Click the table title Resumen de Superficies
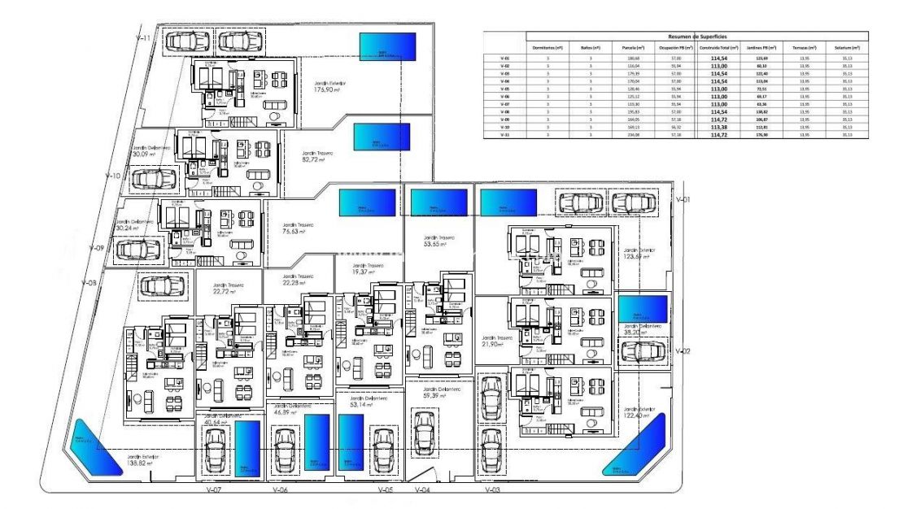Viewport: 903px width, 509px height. [x=692, y=37]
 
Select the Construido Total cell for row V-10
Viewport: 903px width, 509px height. [x=718, y=126]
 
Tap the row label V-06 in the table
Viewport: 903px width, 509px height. [x=504, y=96]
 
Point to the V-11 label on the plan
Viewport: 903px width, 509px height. [x=143, y=38]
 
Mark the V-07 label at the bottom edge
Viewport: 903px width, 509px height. [x=215, y=490]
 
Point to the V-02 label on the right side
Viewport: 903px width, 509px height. [x=683, y=350]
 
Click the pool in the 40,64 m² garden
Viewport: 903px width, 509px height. [x=247, y=448]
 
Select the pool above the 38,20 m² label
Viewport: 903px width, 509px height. [x=643, y=309]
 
